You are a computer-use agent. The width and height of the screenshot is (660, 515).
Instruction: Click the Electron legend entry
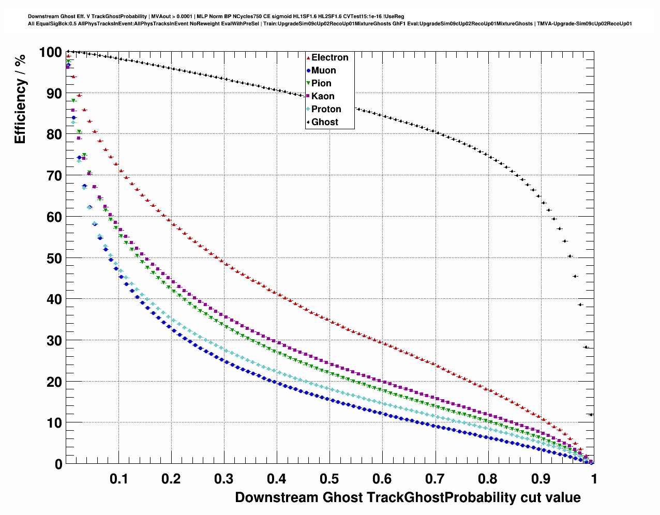point(329,57)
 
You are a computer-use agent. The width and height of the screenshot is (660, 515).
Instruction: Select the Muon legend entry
point(323,70)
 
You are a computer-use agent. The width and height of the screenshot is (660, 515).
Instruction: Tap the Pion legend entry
point(321,83)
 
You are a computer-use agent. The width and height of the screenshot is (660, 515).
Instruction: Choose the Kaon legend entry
point(323,96)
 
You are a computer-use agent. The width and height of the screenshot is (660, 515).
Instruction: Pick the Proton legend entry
point(326,109)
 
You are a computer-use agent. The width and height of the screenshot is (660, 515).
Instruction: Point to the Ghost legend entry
point(324,122)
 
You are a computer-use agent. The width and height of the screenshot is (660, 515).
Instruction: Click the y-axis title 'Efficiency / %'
point(20,99)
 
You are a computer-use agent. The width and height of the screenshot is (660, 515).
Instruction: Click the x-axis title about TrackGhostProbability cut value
point(408,497)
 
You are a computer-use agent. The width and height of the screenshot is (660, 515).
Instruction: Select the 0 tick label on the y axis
point(58,464)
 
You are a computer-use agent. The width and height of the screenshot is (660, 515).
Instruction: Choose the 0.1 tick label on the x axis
point(118,479)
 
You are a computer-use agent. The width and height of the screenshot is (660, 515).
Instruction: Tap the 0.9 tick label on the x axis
point(541,479)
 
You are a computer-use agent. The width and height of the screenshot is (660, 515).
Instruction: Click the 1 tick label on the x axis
point(594,479)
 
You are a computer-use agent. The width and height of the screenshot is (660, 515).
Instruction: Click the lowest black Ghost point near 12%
point(591,414)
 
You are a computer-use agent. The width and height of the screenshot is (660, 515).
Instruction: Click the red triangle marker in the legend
point(308,57)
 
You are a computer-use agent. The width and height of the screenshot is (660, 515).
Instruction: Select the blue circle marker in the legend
point(308,70)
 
